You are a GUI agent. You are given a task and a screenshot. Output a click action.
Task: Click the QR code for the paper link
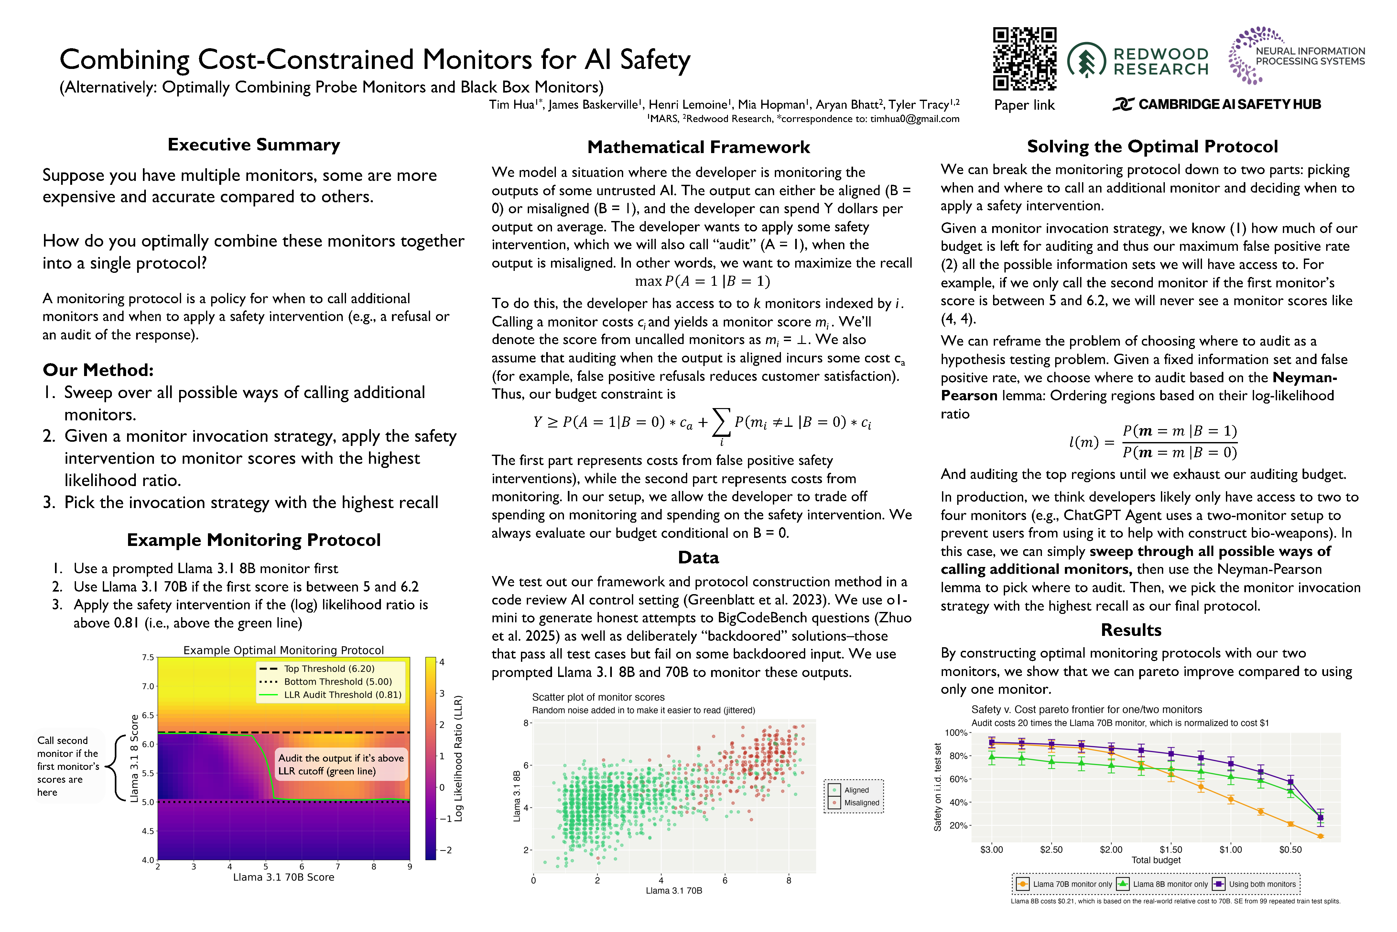(1024, 59)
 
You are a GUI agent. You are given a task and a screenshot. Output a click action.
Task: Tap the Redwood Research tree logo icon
(1086, 61)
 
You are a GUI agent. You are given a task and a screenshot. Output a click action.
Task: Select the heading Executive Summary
(254, 145)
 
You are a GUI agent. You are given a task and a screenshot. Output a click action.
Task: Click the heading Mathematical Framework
(698, 148)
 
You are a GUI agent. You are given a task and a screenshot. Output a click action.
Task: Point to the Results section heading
(1131, 630)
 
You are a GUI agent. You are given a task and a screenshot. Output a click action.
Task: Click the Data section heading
(698, 558)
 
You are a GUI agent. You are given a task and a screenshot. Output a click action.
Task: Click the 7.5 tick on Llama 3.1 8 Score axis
(148, 657)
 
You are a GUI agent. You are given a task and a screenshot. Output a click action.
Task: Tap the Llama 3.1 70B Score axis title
(283, 877)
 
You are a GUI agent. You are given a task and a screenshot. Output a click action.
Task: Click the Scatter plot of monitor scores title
(598, 697)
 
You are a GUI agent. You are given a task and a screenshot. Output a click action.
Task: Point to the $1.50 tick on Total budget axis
(1171, 850)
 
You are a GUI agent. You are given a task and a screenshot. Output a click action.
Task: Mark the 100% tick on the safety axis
(956, 733)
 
